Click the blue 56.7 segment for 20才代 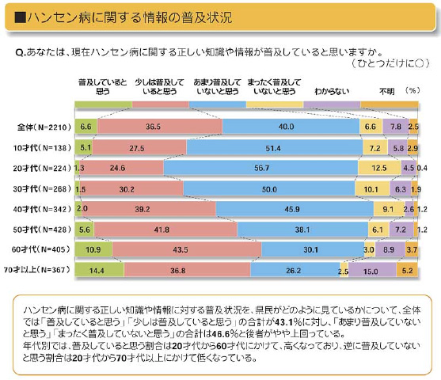coord(260,168)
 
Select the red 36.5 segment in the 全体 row coord(160,127)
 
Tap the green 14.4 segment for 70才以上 coord(100,270)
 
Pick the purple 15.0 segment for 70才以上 coord(372,270)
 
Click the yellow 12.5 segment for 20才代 coord(379,168)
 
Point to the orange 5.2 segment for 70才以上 coord(407,270)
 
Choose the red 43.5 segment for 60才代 coord(187,249)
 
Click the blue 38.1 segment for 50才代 coord(303,230)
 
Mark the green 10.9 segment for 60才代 coord(93,249)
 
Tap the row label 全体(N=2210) coord(44,127)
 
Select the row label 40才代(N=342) coord(42,209)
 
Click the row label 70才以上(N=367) coord(37,270)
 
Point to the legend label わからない coord(332,91)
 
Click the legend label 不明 coord(387,91)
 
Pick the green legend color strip coord(104,104)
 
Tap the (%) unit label coord(412,90)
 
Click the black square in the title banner coord(21,17)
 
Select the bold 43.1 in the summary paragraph coord(285,321)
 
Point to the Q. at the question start coord(21,52)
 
